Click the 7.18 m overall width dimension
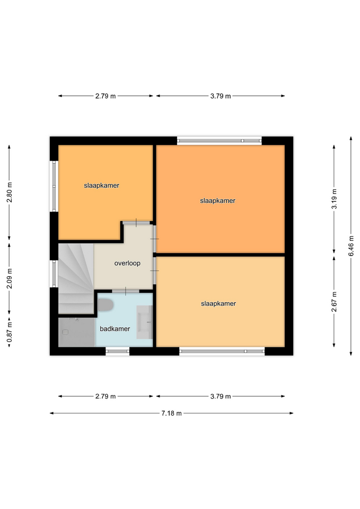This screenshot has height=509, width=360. pos(171,413)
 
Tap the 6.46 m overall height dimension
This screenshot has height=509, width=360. pos(351,245)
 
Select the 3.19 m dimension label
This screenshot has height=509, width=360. pos(334,199)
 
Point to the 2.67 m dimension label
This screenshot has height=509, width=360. pos(334,302)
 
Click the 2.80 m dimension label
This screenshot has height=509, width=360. pos(10,192)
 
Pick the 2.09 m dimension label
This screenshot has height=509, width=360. pos(10,278)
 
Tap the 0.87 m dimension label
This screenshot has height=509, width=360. pos(10,331)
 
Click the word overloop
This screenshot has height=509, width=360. pos(127,264)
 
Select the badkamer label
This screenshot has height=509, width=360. pos(115,329)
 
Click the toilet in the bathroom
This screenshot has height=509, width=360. pos(106,305)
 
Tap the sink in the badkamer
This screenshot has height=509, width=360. pos(144,322)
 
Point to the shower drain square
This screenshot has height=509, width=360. pos(65,332)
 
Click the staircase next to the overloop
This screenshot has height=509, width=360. pos(76,278)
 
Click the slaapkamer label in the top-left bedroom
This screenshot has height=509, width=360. pos(102,186)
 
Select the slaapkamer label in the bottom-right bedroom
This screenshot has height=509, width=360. pos(218,304)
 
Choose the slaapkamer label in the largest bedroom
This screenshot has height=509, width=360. pos(217,200)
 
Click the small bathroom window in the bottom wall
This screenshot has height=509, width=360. pos(118,350)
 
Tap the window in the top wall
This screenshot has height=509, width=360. pos(219,141)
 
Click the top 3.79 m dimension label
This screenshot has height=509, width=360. pos(221,96)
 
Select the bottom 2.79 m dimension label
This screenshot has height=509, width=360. pos(106,397)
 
